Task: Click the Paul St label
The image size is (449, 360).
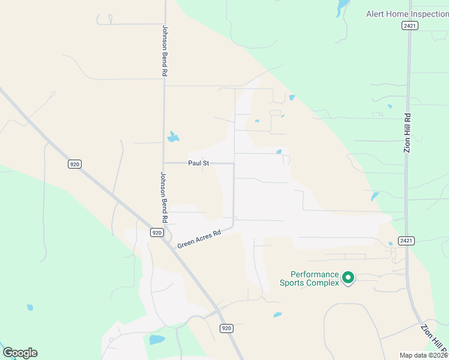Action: pyautogui.click(x=198, y=163)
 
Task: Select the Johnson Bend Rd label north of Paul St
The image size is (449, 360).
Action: pyautogui.click(x=164, y=50)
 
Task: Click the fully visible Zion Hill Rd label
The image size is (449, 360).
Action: pyautogui.click(x=407, y=133)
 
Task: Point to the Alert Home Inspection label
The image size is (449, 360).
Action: pyautogui.click(x=407, y=14)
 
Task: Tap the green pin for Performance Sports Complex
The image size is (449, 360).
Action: pyautogui.click(x=348, y=277)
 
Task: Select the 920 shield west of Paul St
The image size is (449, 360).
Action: pyautogui.click(x=74, y=164)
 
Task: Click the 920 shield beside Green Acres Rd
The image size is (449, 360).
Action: pyautogui.click(x=156, y=232)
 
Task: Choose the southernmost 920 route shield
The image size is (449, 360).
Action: pyautogui.click(x=226, y=328)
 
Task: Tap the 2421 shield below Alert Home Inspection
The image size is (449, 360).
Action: pyautogui.click(x=410, y=26)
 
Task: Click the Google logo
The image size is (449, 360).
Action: pyautogui.click(x=20, y=353)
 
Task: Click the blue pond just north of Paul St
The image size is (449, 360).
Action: pyautogui.click(x=173, y=137)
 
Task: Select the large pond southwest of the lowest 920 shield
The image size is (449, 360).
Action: pyautogui.click(x=157, y=340)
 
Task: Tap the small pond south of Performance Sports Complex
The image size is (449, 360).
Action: pyautogui.click(x=277, y=314)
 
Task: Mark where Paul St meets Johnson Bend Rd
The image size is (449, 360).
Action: pyautogui.click(x=164, y=163)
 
